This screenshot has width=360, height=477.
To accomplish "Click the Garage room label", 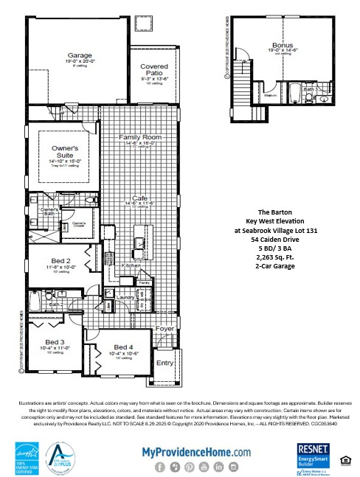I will click(80, 55).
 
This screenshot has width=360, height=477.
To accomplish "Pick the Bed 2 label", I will click(60, 262).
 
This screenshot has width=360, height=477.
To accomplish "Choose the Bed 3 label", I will click(55, 342).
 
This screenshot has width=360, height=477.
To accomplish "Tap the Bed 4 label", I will click(123, 347).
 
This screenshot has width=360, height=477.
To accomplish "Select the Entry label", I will click(164, 363).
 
